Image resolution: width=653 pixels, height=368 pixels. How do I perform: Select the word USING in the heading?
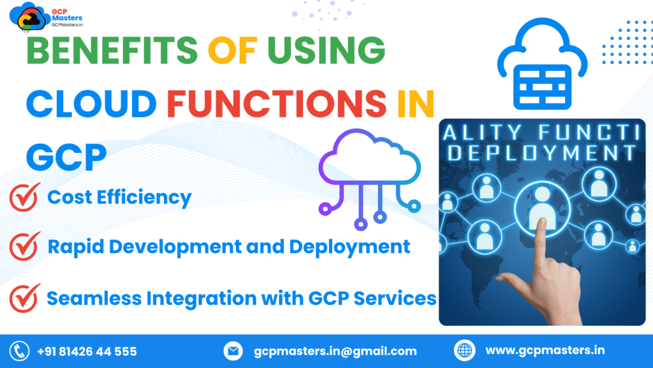[x=326, y=52]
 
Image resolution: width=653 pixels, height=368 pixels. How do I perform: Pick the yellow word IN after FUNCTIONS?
[x=415, y=104]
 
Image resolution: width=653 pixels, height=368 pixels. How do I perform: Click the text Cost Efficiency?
[x=119, y=197]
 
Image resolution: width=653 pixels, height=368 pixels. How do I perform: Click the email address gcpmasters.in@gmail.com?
[x=335, y=351]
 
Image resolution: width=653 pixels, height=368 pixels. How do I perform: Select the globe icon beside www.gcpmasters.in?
[x=465, y=351]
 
